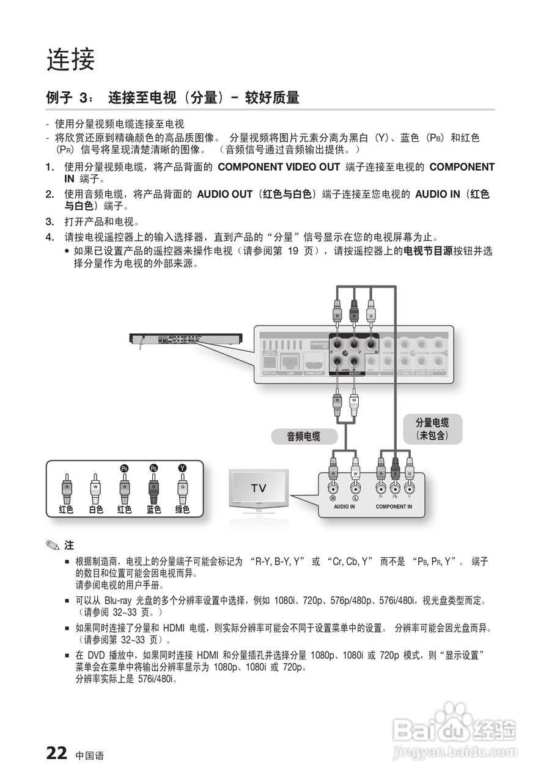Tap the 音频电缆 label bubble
pos(304,436)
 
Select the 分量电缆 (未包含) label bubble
pos(432,429)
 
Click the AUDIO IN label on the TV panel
pos(344,507)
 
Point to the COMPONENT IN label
pos(394,507)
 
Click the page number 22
pos(56,753)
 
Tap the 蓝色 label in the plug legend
pos(153,510)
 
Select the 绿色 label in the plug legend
pos(182,510)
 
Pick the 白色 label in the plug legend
pos(95,510)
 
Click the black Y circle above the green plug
pos(182,468)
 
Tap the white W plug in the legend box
pos(95,488)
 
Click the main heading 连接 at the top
pos(71,59)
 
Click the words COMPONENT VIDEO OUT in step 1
pos(279,167)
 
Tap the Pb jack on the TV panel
pos(395,489)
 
